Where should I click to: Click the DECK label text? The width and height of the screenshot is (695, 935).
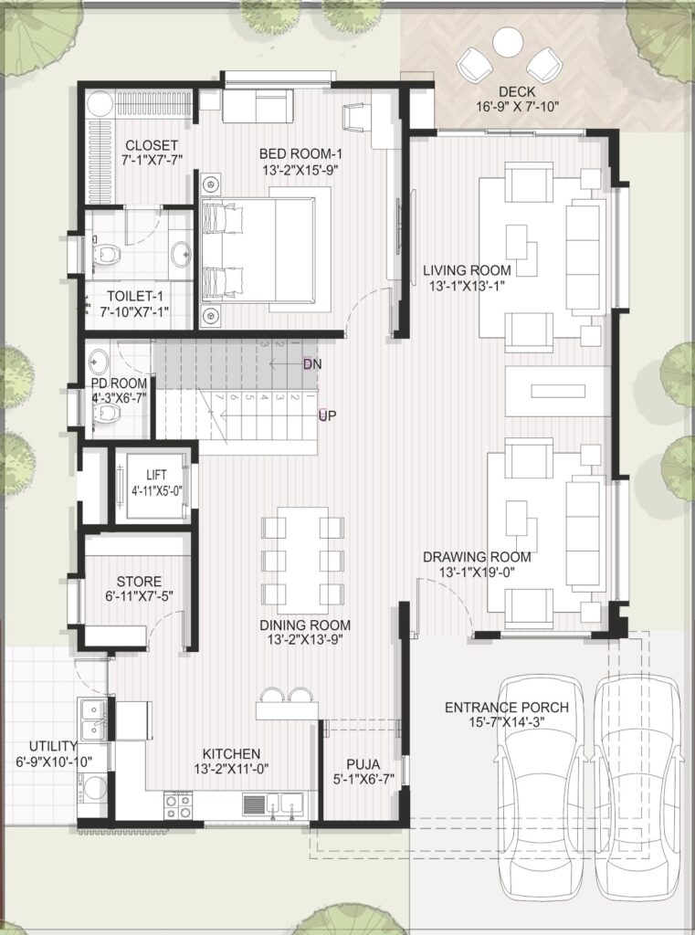click(517, 92)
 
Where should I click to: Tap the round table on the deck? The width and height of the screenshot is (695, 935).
click(509, 43)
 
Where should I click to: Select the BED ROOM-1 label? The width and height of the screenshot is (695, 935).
click(300, 153)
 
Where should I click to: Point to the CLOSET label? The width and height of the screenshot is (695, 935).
click(152, 145)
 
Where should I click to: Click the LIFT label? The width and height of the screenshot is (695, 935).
click(156, 476)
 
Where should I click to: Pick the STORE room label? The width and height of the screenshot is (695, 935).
click(139, 582)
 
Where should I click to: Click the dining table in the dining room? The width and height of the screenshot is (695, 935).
click(302, 561)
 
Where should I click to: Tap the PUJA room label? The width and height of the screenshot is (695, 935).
click(363, 765)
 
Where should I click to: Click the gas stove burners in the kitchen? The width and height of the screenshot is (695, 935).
click(178, 805)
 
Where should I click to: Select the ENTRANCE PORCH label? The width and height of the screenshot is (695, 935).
click(507, 708)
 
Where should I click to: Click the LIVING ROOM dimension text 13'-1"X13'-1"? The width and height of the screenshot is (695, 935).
click(467, 286)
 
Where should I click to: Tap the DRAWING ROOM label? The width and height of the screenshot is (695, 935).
click(477, 557)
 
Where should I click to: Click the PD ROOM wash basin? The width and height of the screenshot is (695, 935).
click(99, 361)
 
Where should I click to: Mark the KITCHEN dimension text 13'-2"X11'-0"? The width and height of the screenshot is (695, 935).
click(231, 769)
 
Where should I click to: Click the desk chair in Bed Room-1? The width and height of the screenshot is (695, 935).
click(353, 116)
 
